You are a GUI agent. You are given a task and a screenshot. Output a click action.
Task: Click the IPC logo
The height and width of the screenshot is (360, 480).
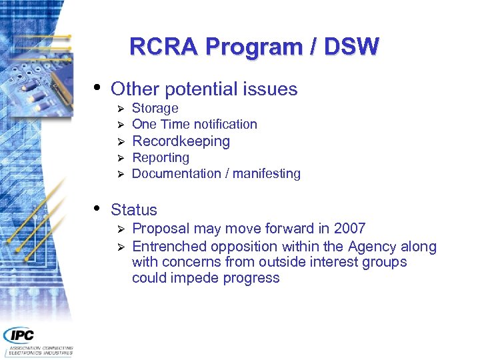(x=19, y=335)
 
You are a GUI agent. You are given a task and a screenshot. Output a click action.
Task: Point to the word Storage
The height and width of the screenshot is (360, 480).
(x=155, y=108)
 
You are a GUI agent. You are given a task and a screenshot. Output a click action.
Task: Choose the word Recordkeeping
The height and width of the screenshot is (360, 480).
(x=181, y=141)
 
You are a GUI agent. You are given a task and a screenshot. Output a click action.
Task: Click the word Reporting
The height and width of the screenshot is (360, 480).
(x=161, y=157)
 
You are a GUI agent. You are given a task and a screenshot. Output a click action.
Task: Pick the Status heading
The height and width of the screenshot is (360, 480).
(x=134, y=209)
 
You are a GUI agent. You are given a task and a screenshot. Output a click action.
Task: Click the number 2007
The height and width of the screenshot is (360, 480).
(x=349, y=229)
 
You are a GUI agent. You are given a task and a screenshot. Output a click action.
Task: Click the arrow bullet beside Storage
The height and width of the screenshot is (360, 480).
(x=121, y=109)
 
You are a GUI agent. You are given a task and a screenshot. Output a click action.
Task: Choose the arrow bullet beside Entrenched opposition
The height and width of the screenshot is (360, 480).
(x=121, y=247)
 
